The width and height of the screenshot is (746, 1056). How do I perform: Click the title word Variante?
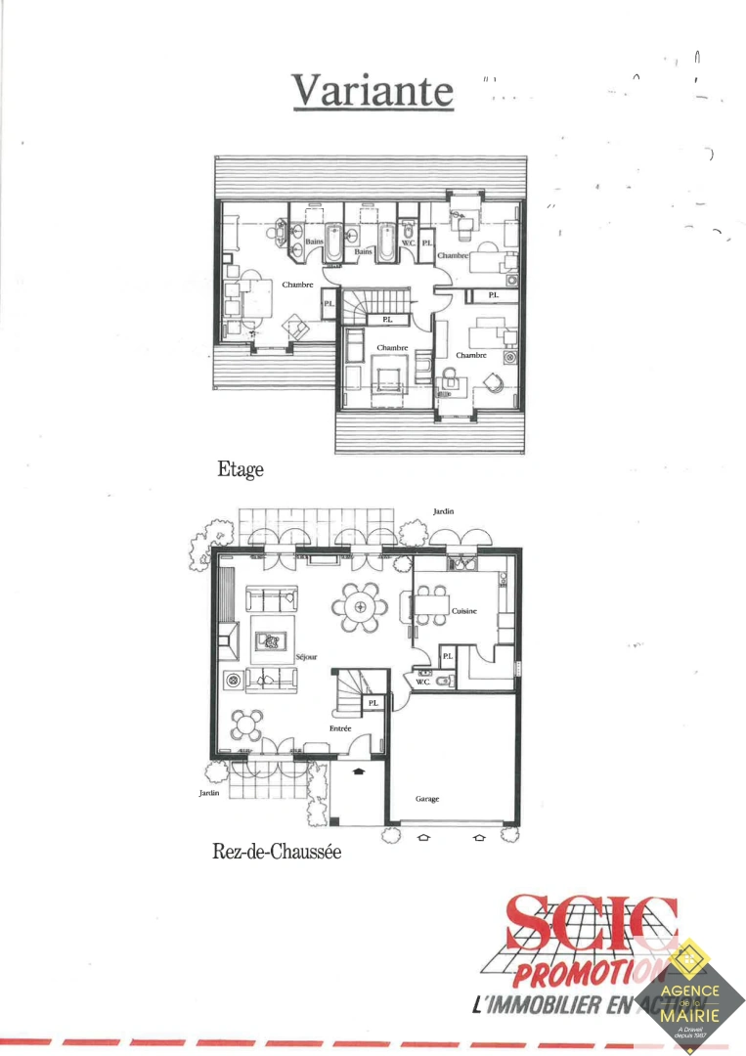pos(373,91)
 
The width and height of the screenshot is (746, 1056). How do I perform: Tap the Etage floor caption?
pos(241,469)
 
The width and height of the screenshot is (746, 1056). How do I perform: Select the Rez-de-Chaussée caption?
pos(277,852)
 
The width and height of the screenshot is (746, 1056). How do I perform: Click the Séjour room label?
pos(306,656)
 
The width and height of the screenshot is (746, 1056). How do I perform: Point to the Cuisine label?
pos(464,611)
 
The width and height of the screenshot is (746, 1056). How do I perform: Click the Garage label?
pos(427,799)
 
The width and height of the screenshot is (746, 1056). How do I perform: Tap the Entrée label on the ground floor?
pos(340,728)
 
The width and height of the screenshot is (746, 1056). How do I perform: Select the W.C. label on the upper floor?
pos(408,242)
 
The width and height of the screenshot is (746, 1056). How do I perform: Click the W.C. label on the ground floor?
pos(423,682)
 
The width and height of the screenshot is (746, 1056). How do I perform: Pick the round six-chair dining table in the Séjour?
pos(361,607)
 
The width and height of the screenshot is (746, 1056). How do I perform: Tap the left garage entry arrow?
pos(423,838)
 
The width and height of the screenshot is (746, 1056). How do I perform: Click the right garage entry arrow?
pos(479,838)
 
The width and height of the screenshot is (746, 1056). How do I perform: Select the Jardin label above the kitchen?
pos(444,511)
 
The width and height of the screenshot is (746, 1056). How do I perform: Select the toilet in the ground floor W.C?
pos(443,682)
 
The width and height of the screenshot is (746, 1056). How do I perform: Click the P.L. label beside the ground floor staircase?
pos(373,702)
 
